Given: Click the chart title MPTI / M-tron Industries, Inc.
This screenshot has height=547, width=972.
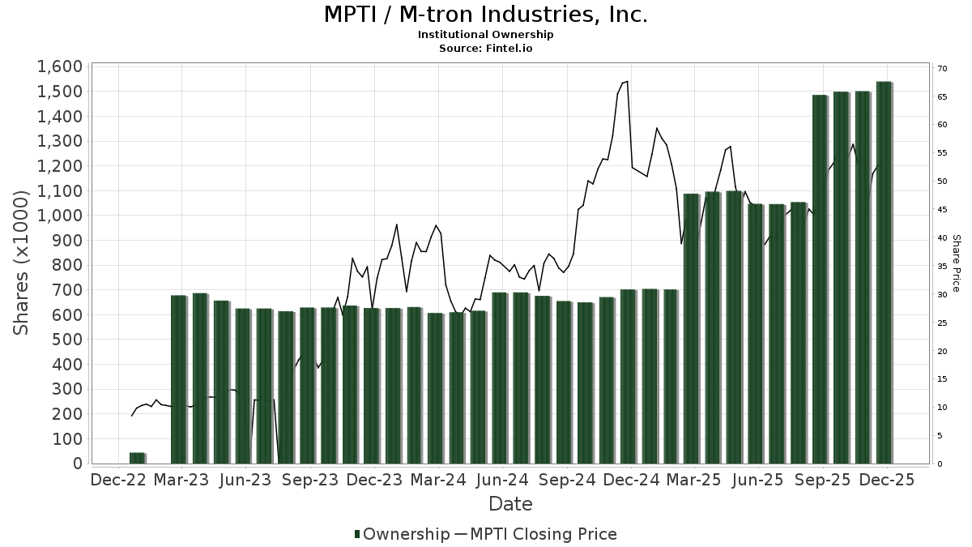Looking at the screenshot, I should point(485,15).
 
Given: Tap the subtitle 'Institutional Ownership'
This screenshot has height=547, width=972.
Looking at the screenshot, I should point(485,35).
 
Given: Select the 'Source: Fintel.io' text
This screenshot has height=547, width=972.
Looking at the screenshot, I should point(485,49).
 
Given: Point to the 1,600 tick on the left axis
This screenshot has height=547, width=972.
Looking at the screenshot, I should point(59,66).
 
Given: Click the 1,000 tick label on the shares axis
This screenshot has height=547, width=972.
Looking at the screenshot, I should point(59,216).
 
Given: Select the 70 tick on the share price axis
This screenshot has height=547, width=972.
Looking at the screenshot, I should point(942,68).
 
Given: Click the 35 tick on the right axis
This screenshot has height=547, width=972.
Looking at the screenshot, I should point(942,267).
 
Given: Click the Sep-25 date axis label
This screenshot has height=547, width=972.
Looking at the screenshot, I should point(823,480).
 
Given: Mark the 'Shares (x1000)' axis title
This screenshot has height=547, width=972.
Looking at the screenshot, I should point(22,264).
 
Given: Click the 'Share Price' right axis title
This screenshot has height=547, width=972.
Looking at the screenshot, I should point(956,263).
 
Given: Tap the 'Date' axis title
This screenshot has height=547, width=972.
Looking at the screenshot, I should point(510,504).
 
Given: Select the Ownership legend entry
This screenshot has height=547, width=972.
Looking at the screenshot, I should point(403,534).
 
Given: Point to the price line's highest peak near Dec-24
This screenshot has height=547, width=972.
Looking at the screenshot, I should point(627,81).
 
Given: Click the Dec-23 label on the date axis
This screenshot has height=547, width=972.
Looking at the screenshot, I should point(374,480).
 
